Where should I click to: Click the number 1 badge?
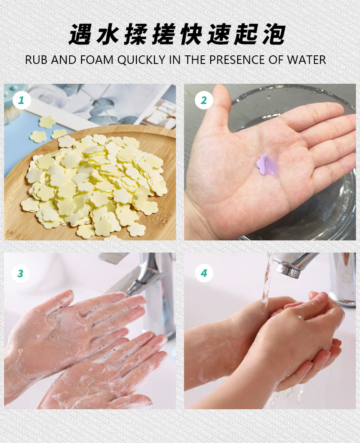[20, 100]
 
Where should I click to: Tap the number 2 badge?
[203, 100]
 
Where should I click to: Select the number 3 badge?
[20, 273]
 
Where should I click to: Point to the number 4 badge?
[203, 273]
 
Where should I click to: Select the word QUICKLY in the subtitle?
[142, 59]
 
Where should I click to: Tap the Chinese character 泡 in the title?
[274, 35]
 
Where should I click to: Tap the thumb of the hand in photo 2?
[220, 104]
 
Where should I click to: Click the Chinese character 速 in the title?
[220, 35]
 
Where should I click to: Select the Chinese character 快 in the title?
[193, 35]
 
